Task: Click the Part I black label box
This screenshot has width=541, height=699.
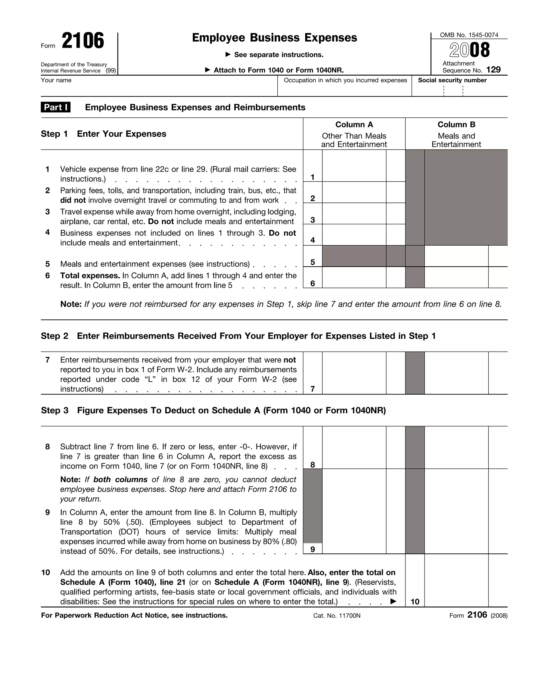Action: [x=56, y=107]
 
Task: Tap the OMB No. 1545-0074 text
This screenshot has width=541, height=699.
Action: [x=469, y=35]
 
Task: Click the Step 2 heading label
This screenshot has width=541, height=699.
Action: [x=54, y=336]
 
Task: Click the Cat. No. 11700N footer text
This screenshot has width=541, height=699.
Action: [x=337, y=615]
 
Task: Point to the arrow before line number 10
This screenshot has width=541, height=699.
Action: [x=393, y=601]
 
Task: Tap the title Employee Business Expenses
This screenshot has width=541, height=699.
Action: [x=274, y=38]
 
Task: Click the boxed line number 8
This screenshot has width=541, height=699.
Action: [x=313, y=465]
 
